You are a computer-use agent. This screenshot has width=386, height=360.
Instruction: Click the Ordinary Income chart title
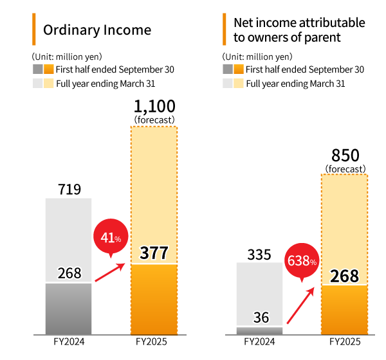pyautogui.click(x=96, y=30)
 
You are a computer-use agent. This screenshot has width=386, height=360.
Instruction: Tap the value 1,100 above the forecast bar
pyautogui.click(x=154, y=106)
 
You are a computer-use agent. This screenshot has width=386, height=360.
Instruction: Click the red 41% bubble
pyautogui.click(x=111, y=238)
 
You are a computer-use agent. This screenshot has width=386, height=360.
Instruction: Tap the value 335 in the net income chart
pyautogui.click(x=259, y=253)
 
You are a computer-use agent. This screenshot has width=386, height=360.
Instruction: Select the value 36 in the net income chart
pyautogui.click(x=259, y=317)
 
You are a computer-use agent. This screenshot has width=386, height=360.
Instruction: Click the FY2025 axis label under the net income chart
pyautogui.click(x=344, y=342)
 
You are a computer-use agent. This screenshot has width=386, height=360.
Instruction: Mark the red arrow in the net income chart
pyautogui.click(x=300, y=305)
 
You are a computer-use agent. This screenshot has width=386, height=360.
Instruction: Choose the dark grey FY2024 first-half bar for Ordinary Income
pyautogui.click(x=68, y=309)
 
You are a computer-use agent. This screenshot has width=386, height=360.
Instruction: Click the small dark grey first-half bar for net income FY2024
pyautogui.click(x=259, y=330)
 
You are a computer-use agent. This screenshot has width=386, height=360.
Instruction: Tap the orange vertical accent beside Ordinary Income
pyautogui.click(x=33, y=29)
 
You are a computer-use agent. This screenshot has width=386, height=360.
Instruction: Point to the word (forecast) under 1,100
pyautogui.click(x=154, y=120)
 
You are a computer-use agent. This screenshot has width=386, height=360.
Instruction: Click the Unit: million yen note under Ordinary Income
pyautogui.click(x=67, y=57)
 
